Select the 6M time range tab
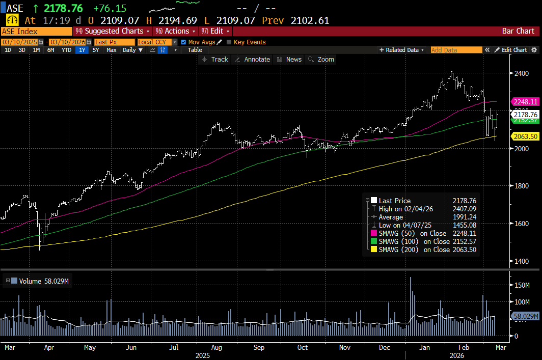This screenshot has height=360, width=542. [51, 50]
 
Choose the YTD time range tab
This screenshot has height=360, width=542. [66, 50]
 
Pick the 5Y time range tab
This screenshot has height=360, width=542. [96, 50]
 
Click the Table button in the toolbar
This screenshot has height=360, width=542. [195, 50]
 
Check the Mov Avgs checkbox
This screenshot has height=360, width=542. [184, 42]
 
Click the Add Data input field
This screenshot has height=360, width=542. [456, 50]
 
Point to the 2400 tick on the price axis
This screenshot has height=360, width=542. [522, 73]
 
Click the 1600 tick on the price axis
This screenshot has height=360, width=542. [522, 224]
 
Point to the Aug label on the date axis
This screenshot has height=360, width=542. [216, 348]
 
